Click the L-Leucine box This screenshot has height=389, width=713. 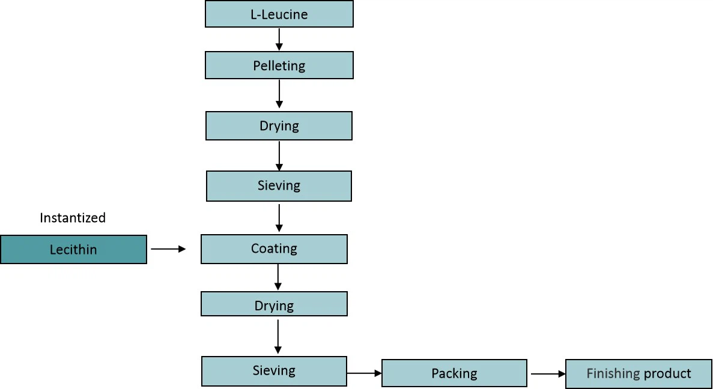click(279, 14)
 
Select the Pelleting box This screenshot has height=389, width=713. click(279, 65)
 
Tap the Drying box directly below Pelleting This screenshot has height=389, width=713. click(279, 126)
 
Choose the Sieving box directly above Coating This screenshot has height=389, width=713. click(279, 185)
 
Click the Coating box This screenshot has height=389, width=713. click(274, 249)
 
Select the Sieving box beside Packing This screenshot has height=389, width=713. click(274, 371)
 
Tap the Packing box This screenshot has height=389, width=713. click(454, 373)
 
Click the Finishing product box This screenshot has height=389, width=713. click(639, 373)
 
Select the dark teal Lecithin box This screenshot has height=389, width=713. click(73, 249)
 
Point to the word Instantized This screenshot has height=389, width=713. click(73, 218)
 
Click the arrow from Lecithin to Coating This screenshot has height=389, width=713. click(168, 249)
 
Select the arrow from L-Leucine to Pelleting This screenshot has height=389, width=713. click(279, 39)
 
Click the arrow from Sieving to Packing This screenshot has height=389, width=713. click(364, 373)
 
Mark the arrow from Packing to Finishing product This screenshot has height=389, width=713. click(548, 374)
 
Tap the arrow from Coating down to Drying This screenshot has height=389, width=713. click(278, 277)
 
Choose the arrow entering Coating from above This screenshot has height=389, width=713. click(279, 218)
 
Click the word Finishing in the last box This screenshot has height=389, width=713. click(613, 373)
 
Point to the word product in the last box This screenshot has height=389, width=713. click(667, 374)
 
